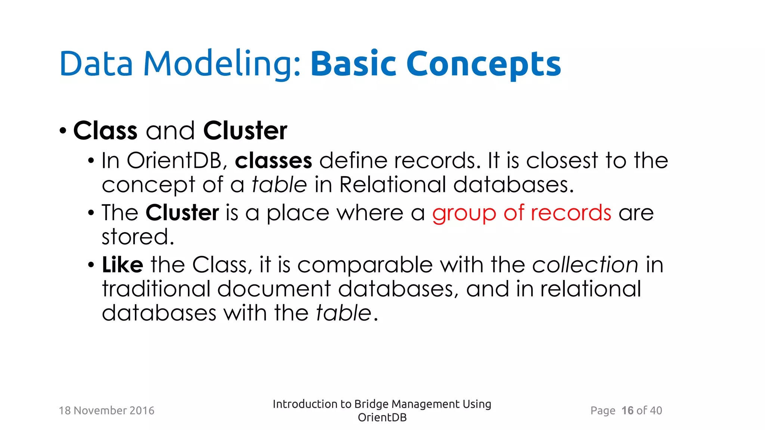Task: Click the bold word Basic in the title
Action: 353,64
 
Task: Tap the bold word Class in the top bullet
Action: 105,131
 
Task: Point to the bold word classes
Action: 273,161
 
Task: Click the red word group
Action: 464,214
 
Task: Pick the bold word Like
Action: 123,265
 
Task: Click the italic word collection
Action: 585,265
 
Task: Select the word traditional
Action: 157,289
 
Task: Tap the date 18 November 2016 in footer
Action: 106,411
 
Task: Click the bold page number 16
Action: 627,411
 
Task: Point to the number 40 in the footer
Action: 656,411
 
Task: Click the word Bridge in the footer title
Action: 371,404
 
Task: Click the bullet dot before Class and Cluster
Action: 63,131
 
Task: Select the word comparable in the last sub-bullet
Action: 365,265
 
